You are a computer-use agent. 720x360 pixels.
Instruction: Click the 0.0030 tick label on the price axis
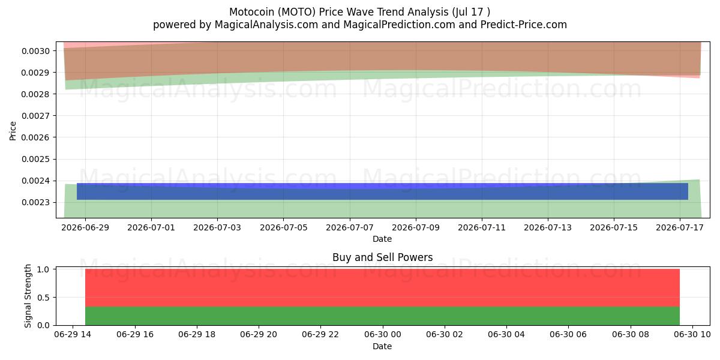[x=35, y=51]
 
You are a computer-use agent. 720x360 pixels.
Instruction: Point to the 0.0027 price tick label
[x=35, y=116]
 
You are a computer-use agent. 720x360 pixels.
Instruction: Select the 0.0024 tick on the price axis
[x=35, y=181]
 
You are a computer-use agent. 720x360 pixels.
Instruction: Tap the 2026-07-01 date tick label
[x=151, y=227]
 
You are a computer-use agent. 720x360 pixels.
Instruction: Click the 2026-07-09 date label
[x=416, y=227]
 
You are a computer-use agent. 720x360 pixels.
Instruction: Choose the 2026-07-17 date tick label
[x=679, y=227]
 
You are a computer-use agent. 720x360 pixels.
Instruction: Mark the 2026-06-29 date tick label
[x=85, y=227]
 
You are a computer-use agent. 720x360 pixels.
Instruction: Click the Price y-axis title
[x=13, y=131]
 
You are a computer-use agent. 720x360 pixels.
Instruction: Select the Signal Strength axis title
[x=28, y=296]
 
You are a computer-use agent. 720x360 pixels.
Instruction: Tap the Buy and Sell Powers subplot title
[x=383, y=257]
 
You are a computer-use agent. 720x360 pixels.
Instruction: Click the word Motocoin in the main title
[x=251, y=12]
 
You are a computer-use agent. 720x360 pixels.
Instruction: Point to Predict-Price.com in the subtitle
[x=524, y=25]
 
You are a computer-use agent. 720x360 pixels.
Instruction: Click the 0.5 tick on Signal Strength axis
[x=43, y=298]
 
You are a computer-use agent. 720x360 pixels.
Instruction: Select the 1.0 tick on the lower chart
[x=43, y=269]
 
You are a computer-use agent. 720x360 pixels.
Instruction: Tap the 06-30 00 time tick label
[x=383, y=335]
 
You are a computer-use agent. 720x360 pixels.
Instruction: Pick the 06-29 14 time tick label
[x=73, y=335]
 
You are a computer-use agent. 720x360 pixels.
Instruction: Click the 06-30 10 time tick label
[x=692, y=335]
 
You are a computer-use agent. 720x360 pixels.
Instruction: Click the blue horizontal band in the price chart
[x=383, y=191]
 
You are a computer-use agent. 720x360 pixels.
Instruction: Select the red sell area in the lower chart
[x=383, y=288]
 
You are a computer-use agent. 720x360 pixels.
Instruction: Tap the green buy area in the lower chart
[x=383, y=316]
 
